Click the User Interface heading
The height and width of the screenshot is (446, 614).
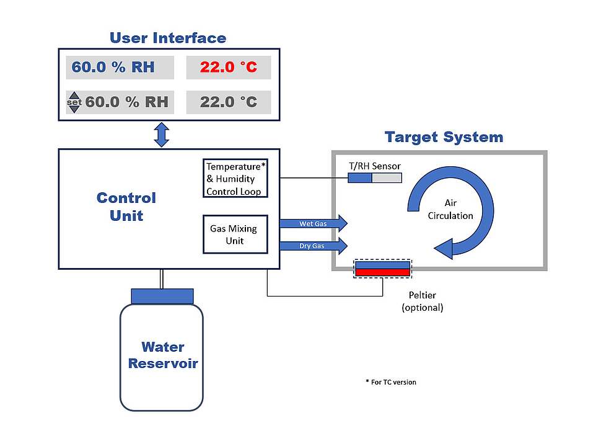pyautogui.click(x=168, y=38)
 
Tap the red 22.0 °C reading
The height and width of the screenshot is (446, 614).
pyautogui.click(x=228, y=67)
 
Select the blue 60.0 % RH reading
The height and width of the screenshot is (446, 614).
pyautogui.click(x=113, y=67)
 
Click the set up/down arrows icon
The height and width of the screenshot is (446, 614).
pyautogui.click(x=74, y=102)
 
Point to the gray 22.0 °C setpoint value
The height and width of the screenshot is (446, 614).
pyautogui.click(x=228, y=102)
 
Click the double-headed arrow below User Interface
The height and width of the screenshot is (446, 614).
pyautogui.click(x=162, y=135)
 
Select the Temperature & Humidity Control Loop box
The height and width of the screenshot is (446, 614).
pyautogui.click(x=235, y=179)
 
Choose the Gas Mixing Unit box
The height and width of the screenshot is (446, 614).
pyautogui.click(x=235, y=234)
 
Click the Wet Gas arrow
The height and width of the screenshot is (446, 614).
pyautogui.click(x=313, y=223)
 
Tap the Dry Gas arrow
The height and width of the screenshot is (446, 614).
pyautogui.click(x=313, y=246)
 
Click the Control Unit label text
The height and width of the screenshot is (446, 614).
pyautogui.click(x=126, y=207)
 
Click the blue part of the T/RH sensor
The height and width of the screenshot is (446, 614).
pyautogui.click(x=359, y=178)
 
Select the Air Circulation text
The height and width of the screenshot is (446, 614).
pyautogui.click(x=450, y=210)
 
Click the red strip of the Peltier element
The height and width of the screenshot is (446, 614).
pyautogui.click(x=382, y=272)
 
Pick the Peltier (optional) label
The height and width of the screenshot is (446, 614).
pyautogui.click(x=422, y=301)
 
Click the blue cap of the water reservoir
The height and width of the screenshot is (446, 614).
pyautogui.click(x=162, y=296)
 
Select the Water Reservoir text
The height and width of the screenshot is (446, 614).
pyautogui.click(x=162, y=355)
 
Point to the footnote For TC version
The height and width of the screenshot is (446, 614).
pyautogui.click(x=391, y=382)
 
